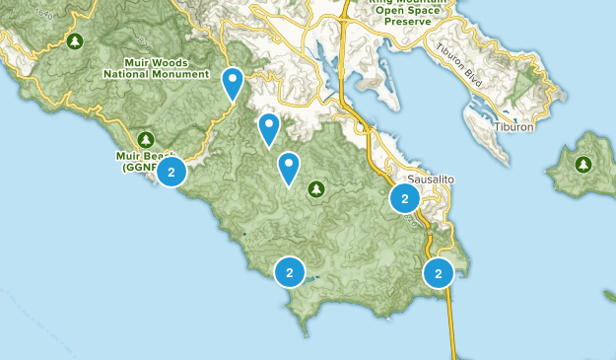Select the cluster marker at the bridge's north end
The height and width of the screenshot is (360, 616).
[x=439, y=272]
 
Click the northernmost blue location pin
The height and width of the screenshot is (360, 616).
[x=233, y=83]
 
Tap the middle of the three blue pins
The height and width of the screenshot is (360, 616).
[x=268, y=128]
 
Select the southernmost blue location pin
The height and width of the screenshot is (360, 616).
[x=289, y=168]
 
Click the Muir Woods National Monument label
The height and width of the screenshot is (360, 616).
[x=157, y=68]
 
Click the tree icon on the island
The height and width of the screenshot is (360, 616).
[x=583, y=165]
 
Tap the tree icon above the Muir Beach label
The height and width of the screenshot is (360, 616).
[x=146, y=139]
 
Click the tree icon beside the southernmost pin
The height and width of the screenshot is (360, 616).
[x=316, y=187]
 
